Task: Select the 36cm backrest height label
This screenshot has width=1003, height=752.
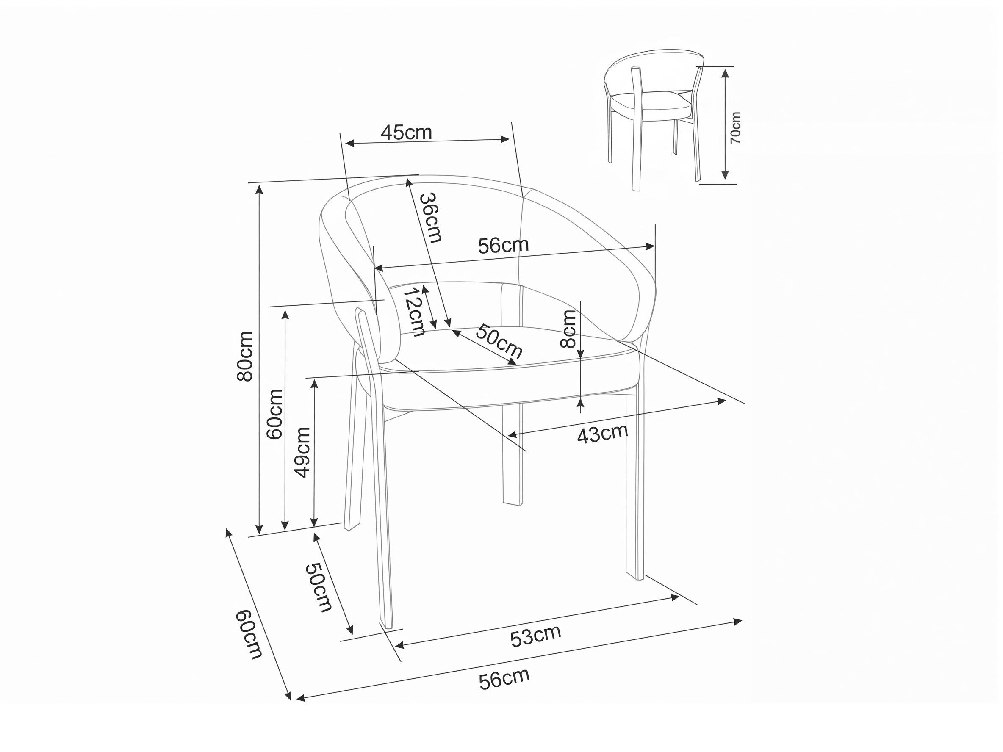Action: pyautogui.click(x=430, y=218)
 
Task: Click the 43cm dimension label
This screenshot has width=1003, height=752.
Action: pyautogui.click(x=603, y=434)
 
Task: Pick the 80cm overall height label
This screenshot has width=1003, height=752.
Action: pyautogui.click(x=245, y=356)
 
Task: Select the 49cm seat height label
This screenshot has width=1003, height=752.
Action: pyautogui.click(x=302, y=452)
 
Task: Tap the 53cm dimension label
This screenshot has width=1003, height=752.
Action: pyautogui.click(x=535, y=636)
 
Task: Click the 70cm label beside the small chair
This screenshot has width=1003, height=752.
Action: pyautogui.click(x=735, y=128)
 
